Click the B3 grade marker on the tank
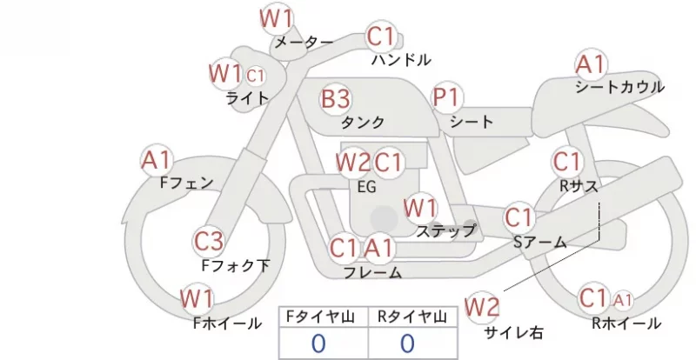point(336,99)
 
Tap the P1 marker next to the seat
point(447,97)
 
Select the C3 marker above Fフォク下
point(209,242)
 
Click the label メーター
point(304,42)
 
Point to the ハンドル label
point(401,59)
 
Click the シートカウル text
point(619,87)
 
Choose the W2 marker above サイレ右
point(482,307)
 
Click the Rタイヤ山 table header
point(412,317)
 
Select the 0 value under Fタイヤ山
point(318,343)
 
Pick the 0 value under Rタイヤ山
point(407,343)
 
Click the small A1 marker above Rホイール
point(623,301)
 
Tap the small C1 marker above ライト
point(255,76)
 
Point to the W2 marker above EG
point(352,162)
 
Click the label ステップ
point(446,230)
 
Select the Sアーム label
point(540,243)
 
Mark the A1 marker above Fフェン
point(157,160)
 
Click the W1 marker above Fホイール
point(197,299)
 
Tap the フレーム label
point(373,272)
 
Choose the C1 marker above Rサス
point(567,162)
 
